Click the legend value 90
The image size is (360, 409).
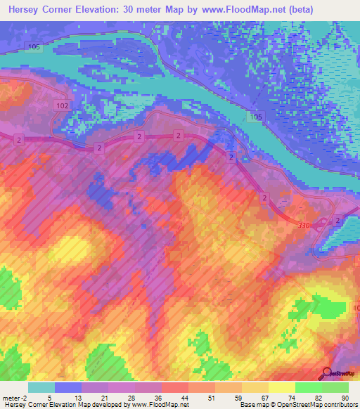[345, 397]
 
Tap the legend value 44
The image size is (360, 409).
[174, 397]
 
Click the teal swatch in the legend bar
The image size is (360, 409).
[41, 387]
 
